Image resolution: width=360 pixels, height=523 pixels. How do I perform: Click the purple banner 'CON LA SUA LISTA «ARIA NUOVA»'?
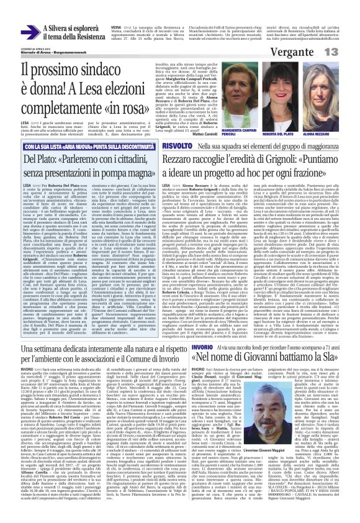[x=87, y=146]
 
